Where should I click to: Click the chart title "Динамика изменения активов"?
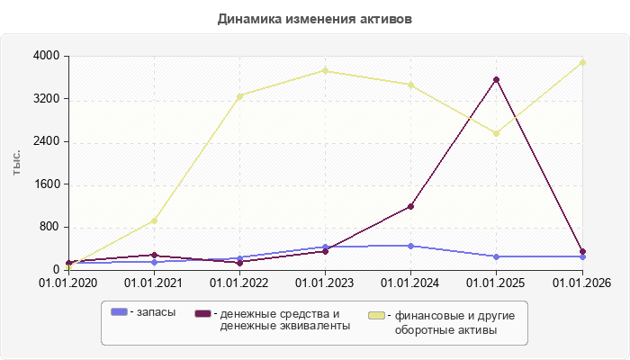315,19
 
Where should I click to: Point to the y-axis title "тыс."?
16,163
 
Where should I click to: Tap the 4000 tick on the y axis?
46,56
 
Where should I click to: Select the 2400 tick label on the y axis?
46,141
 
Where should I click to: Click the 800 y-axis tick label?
49,227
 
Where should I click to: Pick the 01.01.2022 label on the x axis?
239,283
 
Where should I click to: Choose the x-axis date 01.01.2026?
581,283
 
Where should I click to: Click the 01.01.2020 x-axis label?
67,283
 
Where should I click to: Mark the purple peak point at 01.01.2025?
496,79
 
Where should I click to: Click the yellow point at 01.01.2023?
326,71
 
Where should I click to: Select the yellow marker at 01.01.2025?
496,133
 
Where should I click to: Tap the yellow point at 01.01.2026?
582,62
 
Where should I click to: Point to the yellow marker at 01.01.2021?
154,220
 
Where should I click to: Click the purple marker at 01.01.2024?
410,206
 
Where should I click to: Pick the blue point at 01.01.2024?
410,246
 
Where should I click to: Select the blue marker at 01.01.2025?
496,256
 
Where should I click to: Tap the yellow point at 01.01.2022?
240,96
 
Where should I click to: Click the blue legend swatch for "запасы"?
119,311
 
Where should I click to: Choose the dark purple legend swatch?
202,313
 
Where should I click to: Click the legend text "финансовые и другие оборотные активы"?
454,322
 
